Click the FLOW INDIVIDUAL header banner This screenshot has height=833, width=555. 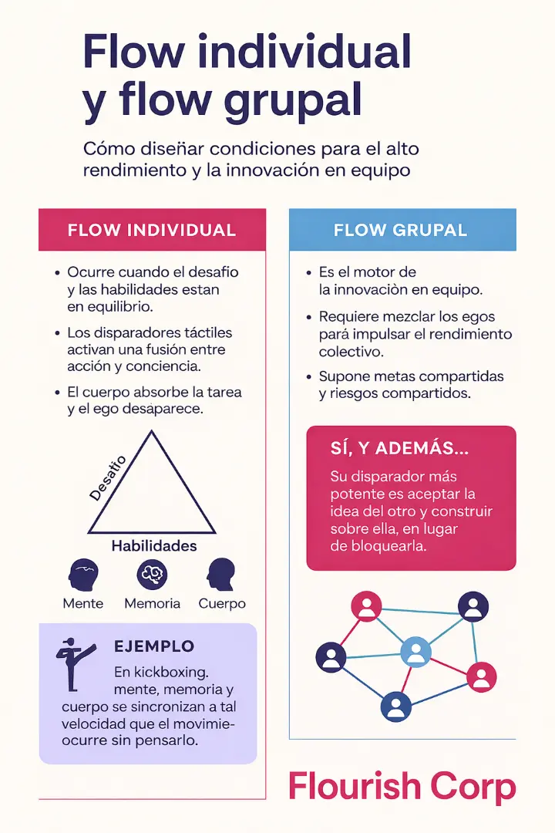[x=152, y=230]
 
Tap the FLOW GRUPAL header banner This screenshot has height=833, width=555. [x=401, y=230]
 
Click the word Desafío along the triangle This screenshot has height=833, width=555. [x=109, y=478]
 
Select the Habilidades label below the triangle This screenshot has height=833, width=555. [x=154, y=546]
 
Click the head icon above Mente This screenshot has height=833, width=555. [x=82, y=575]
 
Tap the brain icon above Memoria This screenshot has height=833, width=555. [x=152, y=575]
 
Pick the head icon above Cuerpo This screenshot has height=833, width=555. [x=221, y=575]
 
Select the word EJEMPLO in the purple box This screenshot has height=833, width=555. [x=154, y=646]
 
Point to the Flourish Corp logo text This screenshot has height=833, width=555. [x=401, y=787]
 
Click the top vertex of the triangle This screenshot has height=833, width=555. [x=153, y=432]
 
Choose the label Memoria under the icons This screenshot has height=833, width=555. [x=152, y=603]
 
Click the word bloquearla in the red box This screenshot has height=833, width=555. [x=383, y=546]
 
